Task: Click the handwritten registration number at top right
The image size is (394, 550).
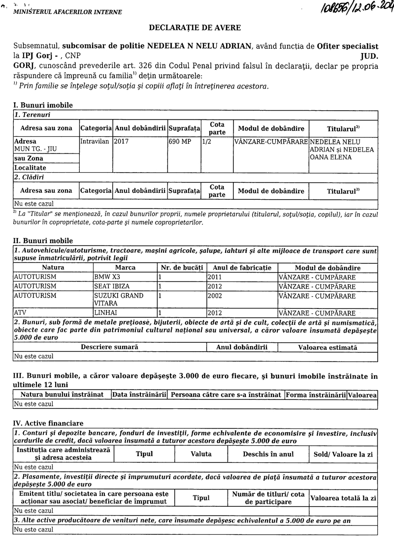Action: click(348, 8)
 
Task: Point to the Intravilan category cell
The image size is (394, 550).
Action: click(96, 141)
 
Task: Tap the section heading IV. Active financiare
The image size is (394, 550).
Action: click(48, 423)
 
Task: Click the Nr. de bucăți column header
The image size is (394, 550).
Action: click(182, 268)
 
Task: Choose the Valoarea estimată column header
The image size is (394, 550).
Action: click(328, 347)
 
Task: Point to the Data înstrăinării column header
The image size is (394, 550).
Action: click(139, 395)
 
